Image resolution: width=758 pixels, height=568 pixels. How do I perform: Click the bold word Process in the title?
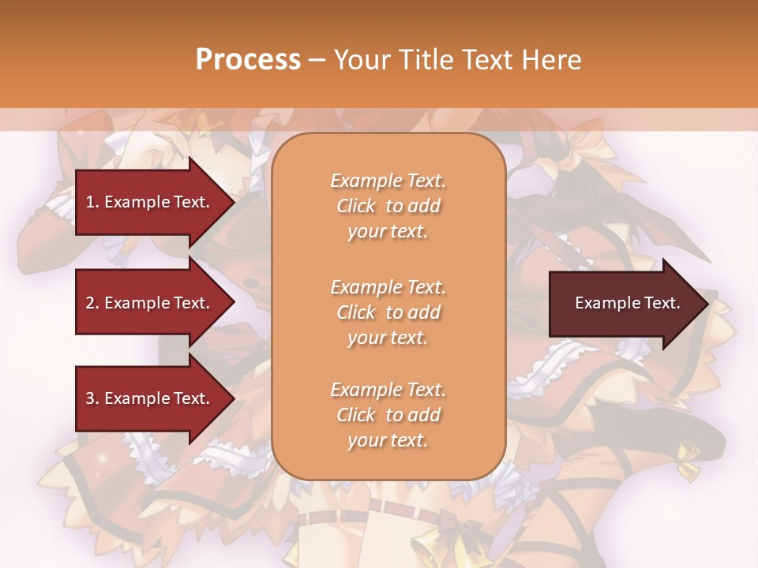(248, 60)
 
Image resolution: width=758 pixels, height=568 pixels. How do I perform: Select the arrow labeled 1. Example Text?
(150, 202)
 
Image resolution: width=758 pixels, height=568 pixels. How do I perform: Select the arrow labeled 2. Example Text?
(150, 303)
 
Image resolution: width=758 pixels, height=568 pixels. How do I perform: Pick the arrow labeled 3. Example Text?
(150, 398)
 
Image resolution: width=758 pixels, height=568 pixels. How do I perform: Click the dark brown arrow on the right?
(624, 304)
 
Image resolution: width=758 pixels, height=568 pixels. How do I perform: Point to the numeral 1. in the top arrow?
(92, 202)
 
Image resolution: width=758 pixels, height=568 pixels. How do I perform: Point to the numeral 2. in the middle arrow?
(92, 303)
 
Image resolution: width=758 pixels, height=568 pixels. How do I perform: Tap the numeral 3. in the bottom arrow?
(92, 398)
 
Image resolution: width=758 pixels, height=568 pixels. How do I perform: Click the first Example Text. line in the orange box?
(388, 181)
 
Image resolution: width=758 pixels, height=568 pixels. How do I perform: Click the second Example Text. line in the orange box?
(388, 286)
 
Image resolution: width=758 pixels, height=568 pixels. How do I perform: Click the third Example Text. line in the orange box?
(388, 390)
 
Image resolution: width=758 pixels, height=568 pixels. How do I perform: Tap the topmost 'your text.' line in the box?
(388, 232)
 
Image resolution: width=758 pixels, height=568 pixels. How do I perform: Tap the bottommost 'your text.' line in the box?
(388, 441)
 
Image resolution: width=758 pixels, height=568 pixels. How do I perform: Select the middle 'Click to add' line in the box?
(388, 312)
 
